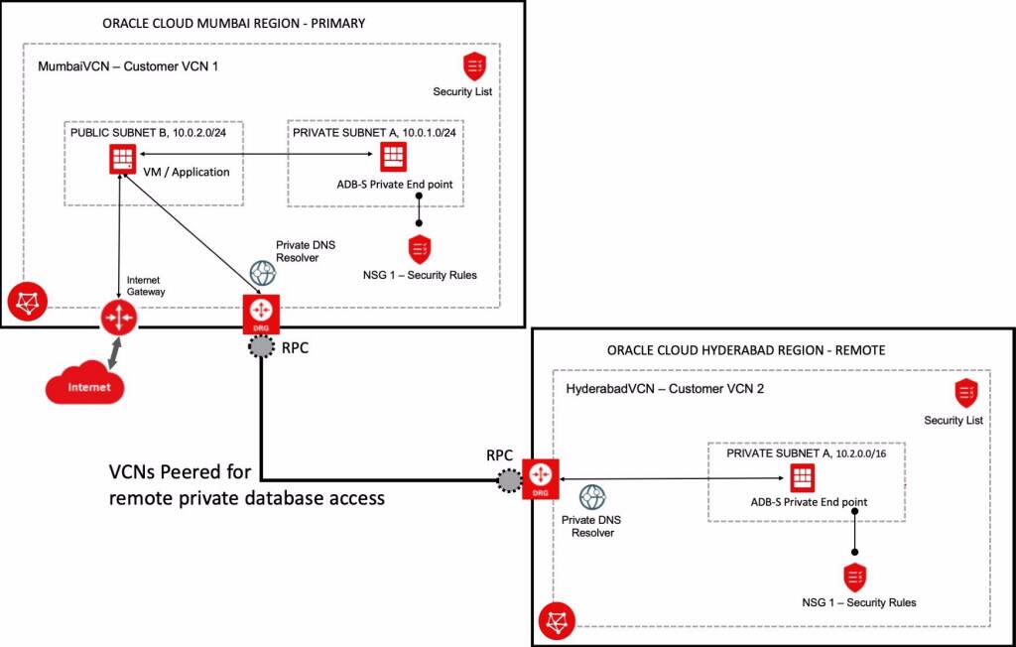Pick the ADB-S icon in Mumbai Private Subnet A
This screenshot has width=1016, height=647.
(392, 156)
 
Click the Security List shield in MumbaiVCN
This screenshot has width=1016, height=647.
(475, 66)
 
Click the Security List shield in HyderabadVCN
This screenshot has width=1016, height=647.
(966, 392)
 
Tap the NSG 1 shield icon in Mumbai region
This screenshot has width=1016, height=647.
(419, 248)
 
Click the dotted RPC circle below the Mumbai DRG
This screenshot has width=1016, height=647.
(261, 346)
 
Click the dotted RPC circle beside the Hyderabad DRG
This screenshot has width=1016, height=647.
(509, 480)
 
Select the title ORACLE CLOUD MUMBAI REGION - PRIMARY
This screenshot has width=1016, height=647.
(234, 22)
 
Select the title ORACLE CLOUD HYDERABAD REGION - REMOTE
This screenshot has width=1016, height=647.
(746, 350)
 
